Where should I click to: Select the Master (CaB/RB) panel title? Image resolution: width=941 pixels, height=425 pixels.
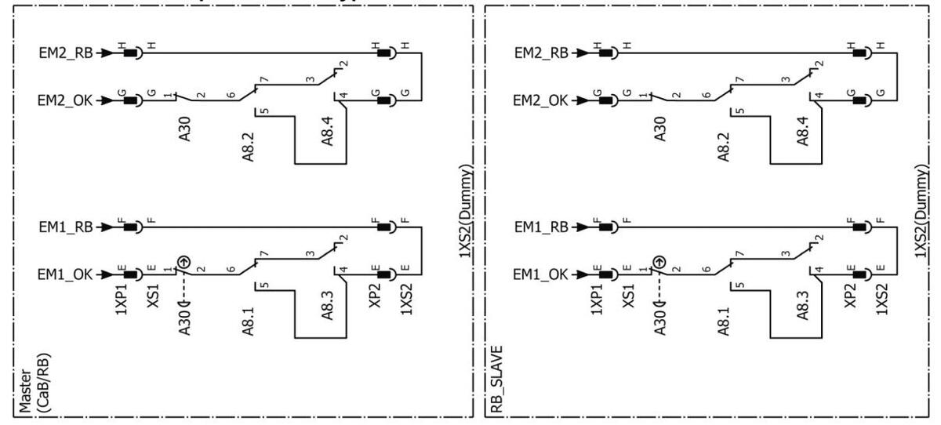(x=33, y=384)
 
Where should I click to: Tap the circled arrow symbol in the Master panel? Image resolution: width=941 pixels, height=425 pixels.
(x=183, y=261)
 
